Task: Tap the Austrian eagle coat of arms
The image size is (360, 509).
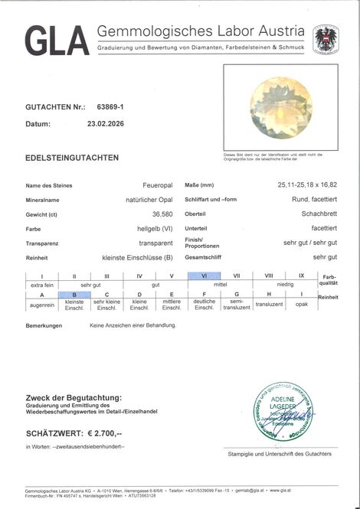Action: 326,40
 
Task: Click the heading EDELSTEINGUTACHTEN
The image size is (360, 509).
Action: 72,157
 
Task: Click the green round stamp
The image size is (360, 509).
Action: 284,411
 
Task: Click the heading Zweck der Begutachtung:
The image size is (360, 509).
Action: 74,398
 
